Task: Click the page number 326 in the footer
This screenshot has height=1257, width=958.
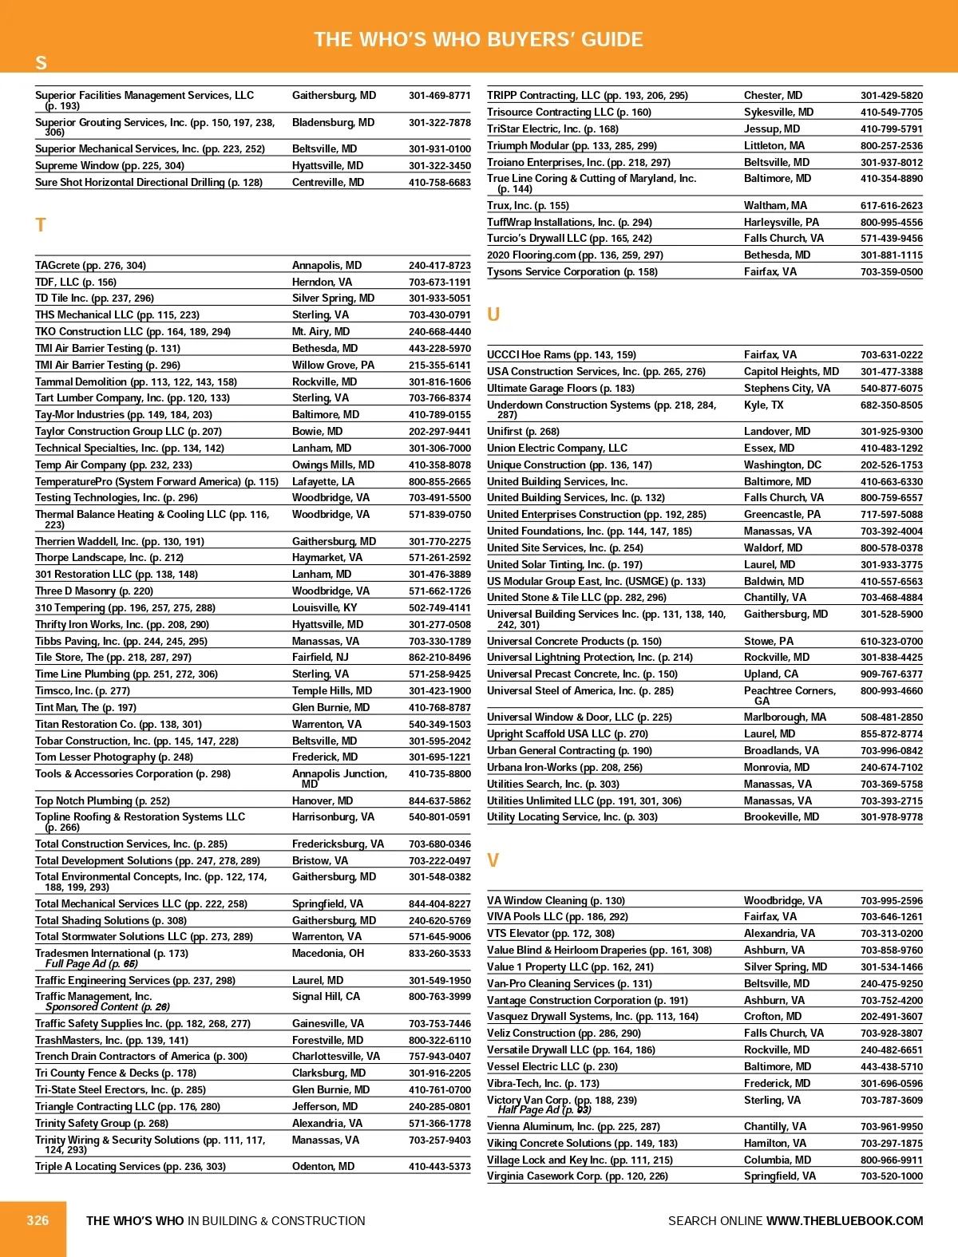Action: click(x=38, y=1220)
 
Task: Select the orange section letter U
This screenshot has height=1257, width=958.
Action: click(x=493, y=314)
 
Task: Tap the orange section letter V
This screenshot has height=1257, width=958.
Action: click(x=493, y=860)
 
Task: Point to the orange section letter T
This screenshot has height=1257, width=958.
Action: click(x=41, y=225)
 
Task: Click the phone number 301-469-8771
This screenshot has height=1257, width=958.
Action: click(x=440, y=96)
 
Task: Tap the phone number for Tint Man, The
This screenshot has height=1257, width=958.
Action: click(x=440, y=708)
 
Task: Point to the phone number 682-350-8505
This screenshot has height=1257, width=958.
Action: click(x=891, y=405)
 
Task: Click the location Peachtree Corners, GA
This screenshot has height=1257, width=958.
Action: click(x=790, y=696)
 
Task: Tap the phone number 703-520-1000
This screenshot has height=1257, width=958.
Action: click(x=891, y=1176)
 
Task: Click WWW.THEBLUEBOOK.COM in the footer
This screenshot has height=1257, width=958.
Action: click(x=845, y=1221)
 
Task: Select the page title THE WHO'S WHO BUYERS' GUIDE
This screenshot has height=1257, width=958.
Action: click(x=478, y=40)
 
